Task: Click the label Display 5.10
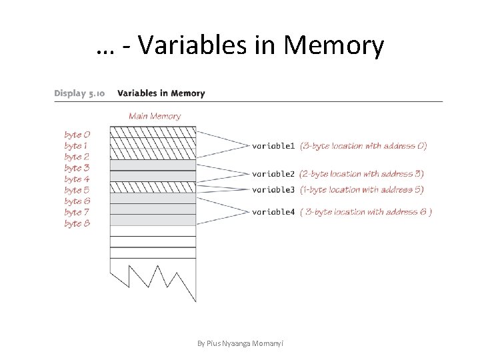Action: coord(79,93)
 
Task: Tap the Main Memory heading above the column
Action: coord(154,116)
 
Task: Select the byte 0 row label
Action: coord(77,135)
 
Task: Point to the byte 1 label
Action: coord(77,145)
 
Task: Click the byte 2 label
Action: coord(77,157)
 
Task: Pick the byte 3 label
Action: coord(77,168)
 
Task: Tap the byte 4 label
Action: coord(77,179)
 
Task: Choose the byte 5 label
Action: coord(77,190)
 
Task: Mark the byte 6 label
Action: coord(77,201)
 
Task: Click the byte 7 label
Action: coord(77,212)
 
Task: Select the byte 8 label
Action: coord(77,223)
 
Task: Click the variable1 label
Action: coord(273,145)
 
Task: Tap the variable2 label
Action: coord(273,174)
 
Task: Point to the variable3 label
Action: coord(273,190)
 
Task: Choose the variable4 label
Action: coord(273,213)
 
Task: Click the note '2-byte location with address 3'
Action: coord(361,174)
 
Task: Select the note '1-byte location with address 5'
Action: coord(361,190)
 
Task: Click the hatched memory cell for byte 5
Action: coord(153,187)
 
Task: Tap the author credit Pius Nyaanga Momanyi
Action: coord(240,343)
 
